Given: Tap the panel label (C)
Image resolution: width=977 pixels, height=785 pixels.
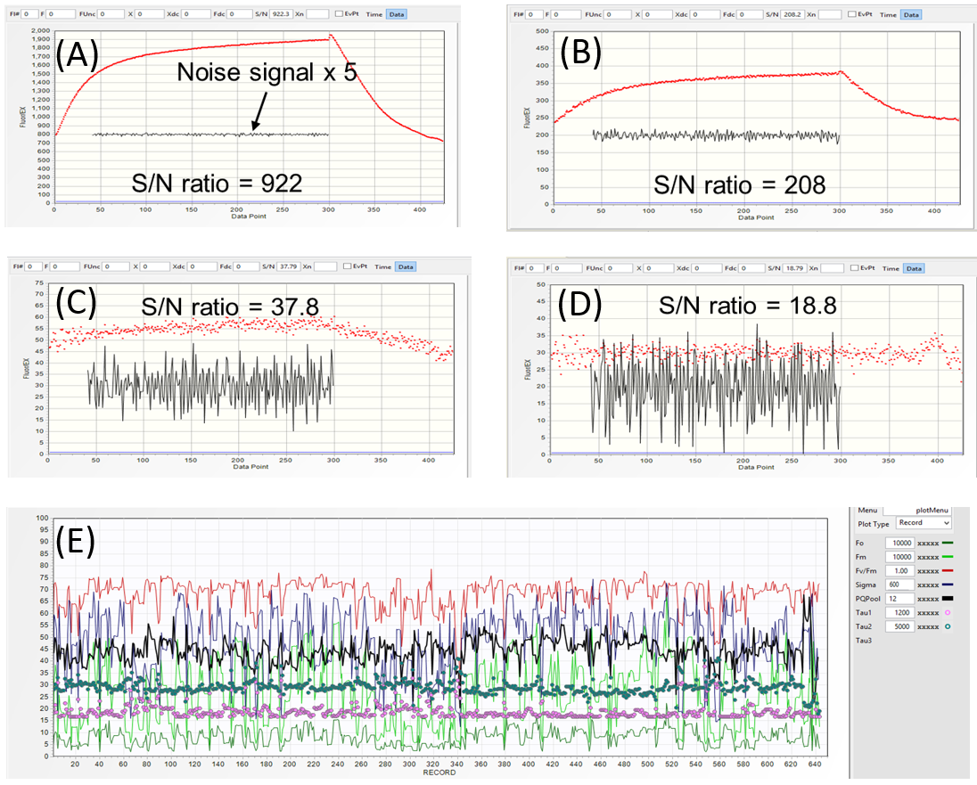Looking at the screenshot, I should [77, 305].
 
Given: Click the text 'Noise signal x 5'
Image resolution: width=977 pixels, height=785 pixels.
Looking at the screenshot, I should [267, 72].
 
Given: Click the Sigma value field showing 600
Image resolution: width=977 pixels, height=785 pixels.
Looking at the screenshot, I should [899, 585].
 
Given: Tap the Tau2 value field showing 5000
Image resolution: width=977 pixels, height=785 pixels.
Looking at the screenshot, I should [899, 626].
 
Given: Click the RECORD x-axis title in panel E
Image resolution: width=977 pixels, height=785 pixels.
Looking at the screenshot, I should [439, 773].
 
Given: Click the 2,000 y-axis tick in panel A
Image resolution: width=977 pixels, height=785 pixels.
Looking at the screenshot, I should [39, 30].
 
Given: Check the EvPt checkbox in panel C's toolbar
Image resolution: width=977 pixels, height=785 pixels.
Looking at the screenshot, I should [348, 266].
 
